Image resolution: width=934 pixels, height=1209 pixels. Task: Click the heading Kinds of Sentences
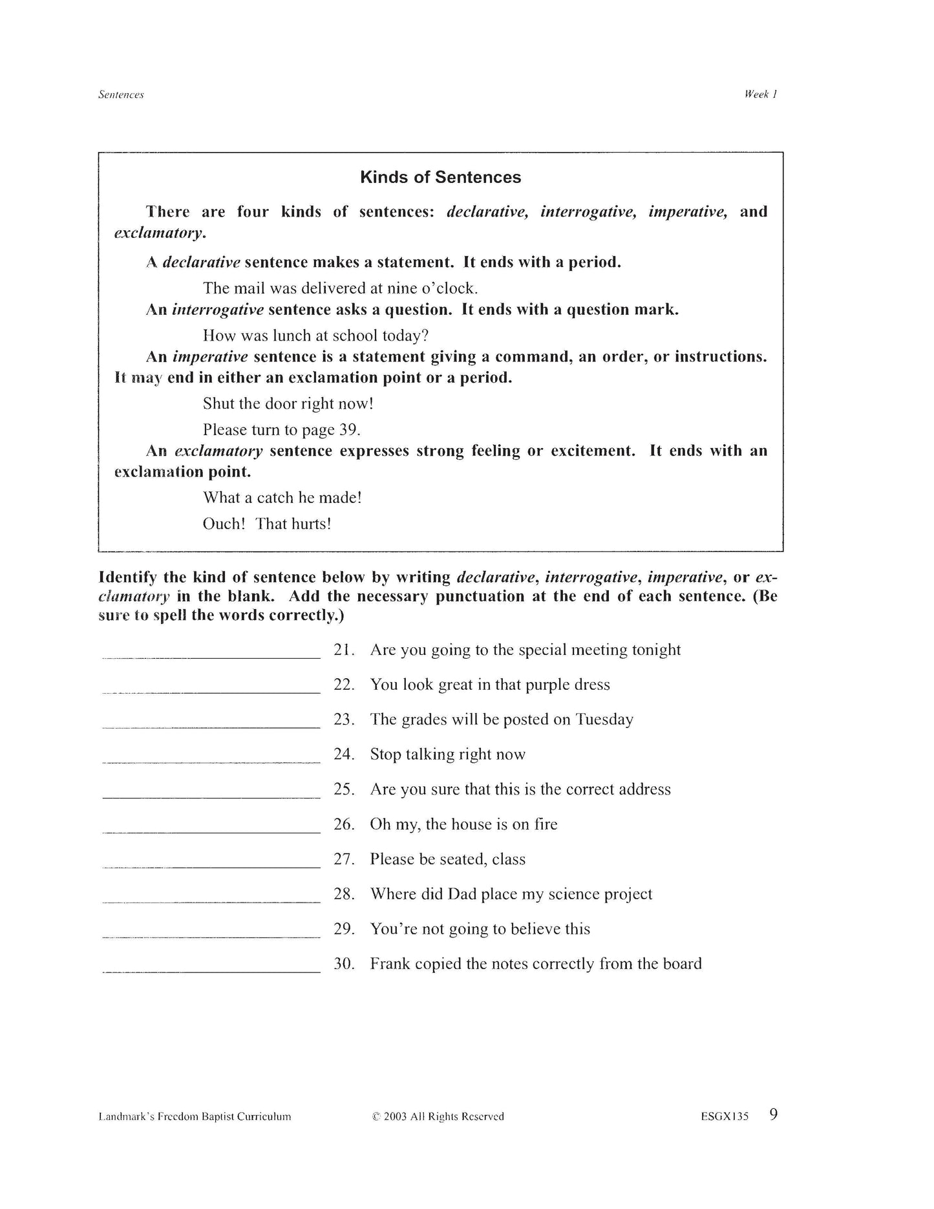click(x=440, y=177)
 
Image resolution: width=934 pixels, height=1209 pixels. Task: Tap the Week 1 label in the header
click(x=760, y=94)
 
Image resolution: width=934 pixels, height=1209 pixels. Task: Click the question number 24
click(x=344, y=754)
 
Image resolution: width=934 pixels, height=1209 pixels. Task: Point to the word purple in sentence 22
click(x=547, y=685)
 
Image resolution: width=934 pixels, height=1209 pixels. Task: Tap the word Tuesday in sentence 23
click(x=604, y=720)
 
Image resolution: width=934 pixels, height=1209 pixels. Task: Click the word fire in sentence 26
click(x=544, y=824)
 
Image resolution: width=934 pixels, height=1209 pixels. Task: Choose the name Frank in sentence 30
click(x=390, y=964)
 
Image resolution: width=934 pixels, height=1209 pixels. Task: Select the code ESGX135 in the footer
click(x=724, y=1117)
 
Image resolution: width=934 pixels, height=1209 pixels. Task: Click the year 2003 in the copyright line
click(x=394, y=1117)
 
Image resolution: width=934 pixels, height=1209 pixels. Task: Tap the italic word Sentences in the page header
click(x=121, y=94)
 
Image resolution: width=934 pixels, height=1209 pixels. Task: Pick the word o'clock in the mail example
click(x=449, y=288)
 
